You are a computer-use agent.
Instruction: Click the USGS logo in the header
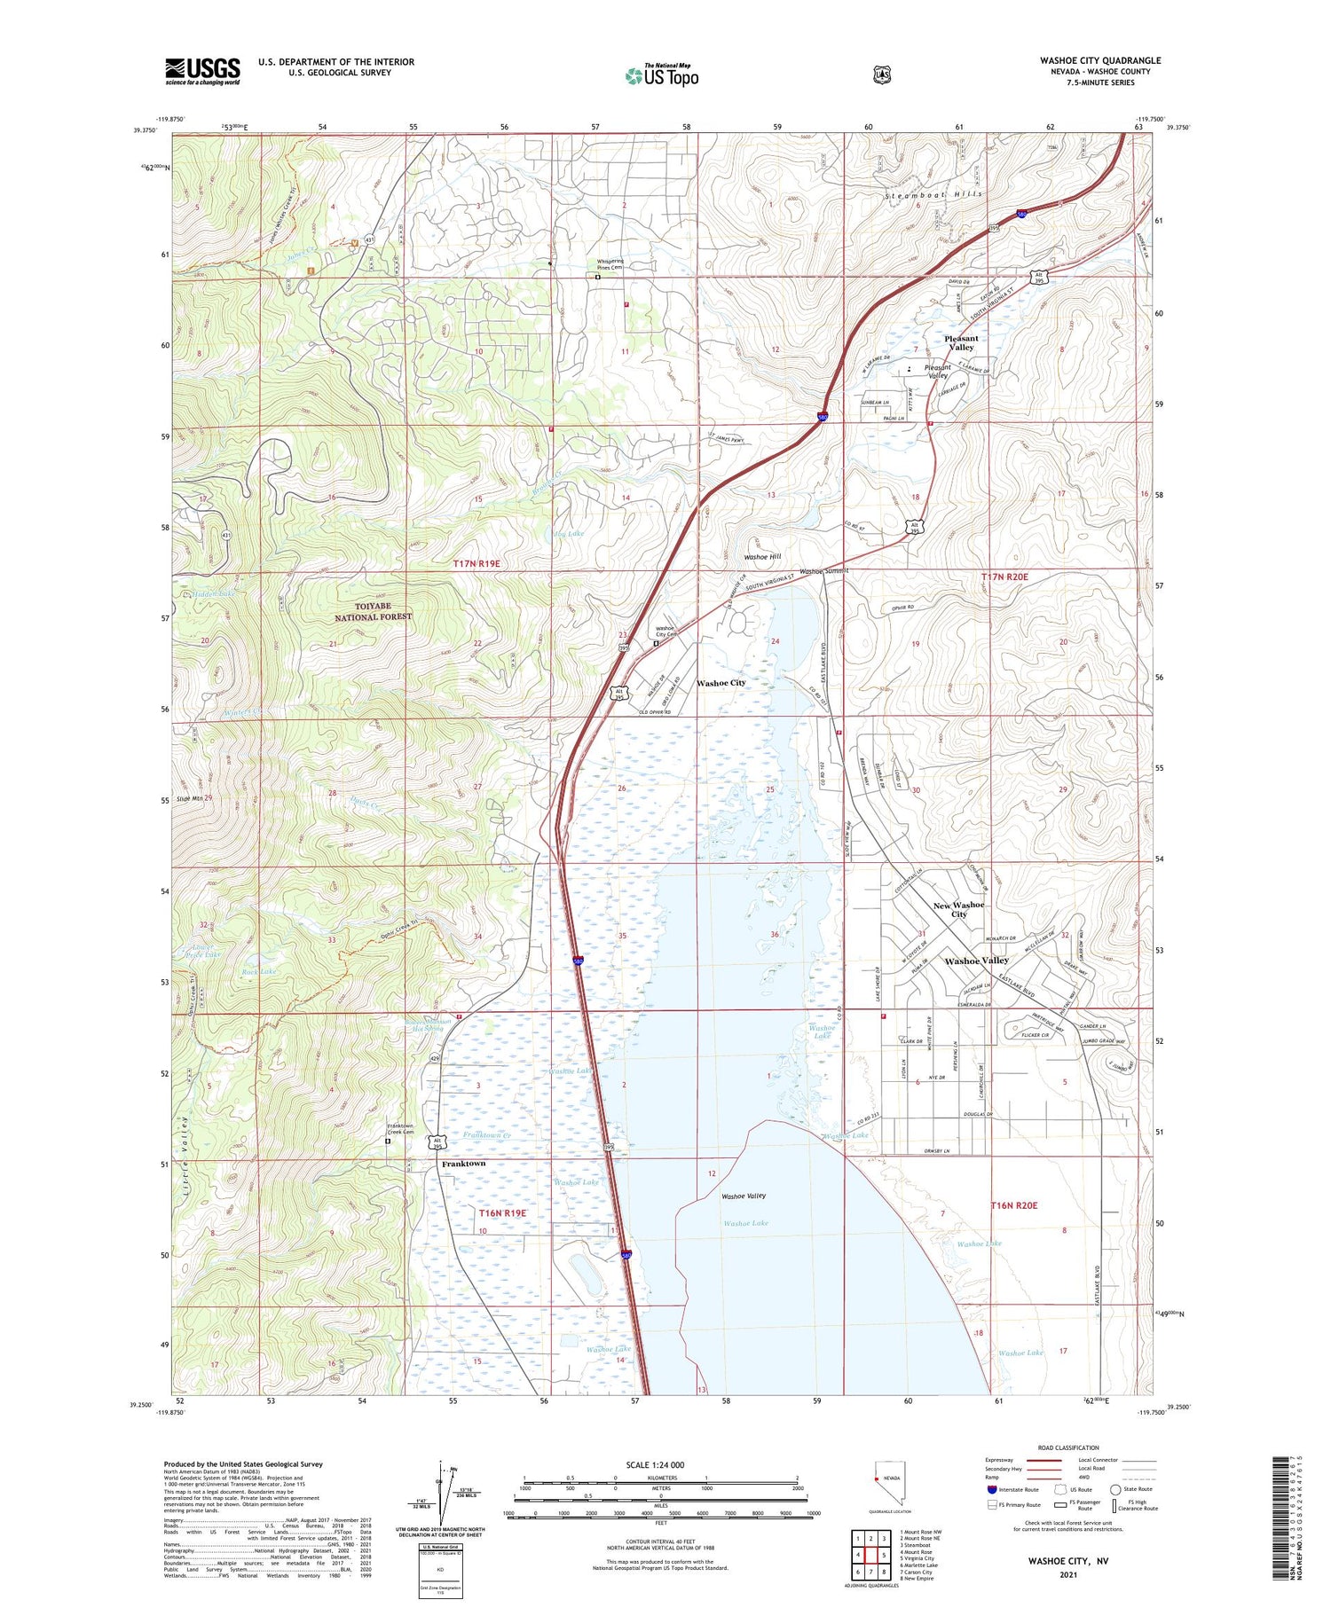tap(202, 70)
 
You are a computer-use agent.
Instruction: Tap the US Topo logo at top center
tap(662, 75)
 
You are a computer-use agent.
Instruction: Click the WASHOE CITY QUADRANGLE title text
tap(1100, 60)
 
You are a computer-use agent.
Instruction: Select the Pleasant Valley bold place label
tap(961, 342)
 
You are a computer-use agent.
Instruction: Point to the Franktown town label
tap(464, 1163)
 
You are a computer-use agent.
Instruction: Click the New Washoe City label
tap(958, 909)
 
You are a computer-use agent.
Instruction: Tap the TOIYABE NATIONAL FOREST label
tap(373, 611)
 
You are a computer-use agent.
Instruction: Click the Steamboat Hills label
tap(933, 193)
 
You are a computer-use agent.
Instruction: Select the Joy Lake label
tap(568, 533)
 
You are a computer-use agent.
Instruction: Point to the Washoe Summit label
tap(824, 571)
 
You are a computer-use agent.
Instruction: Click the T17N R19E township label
tap(476, 563)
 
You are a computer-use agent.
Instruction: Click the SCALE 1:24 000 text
tap(655, 1464)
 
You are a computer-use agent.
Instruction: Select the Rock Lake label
tap(259, 971)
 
